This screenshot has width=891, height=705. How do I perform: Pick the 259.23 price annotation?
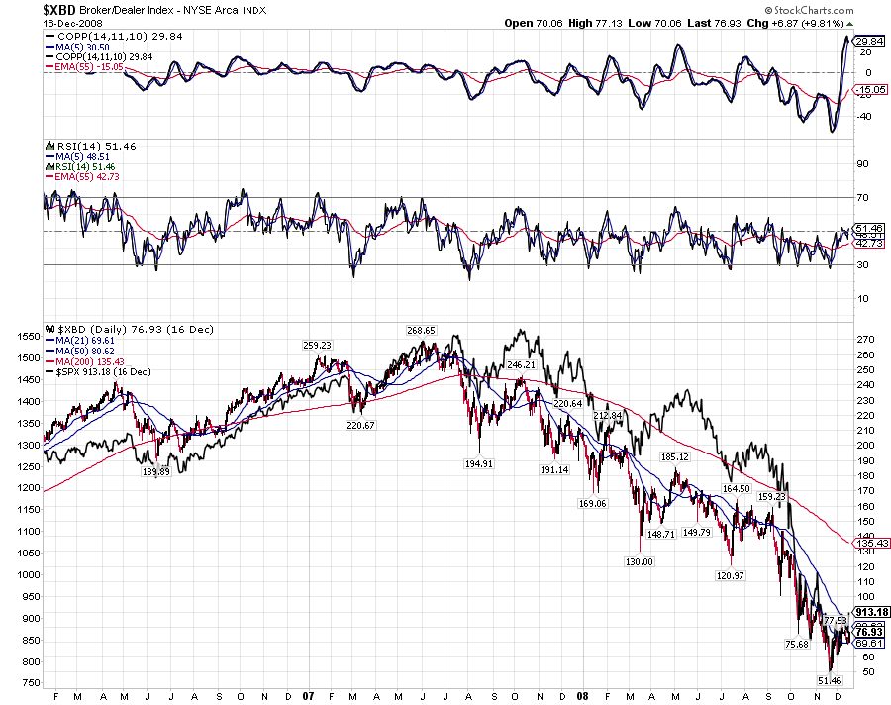[317, 345]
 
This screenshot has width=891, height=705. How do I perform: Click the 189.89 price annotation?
[156, 472]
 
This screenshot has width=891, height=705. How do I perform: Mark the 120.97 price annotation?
[729, 575]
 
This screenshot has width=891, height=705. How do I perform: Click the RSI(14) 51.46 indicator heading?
[82, 146]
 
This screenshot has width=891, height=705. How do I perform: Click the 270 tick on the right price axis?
[867, 339]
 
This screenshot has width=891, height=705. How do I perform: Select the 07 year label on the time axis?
[308, 696]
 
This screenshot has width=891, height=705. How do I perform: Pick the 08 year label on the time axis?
[585, 696]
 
